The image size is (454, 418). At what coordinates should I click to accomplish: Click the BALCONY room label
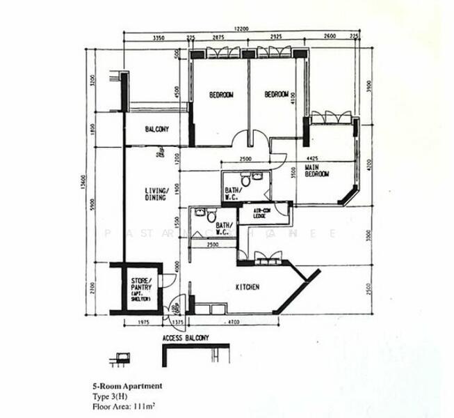tap(157, 130)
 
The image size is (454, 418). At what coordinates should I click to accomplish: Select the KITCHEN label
tap(247, 287)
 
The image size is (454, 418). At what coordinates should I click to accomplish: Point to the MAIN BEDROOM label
tap(317, 171)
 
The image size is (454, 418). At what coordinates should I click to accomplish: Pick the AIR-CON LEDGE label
tap(262, 213)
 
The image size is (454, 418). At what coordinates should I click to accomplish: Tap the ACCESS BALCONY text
tap(186, 339)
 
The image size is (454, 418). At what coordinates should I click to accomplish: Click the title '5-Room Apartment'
tap(127, 385)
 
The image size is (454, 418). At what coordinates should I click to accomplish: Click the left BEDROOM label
tap(221, 95)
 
